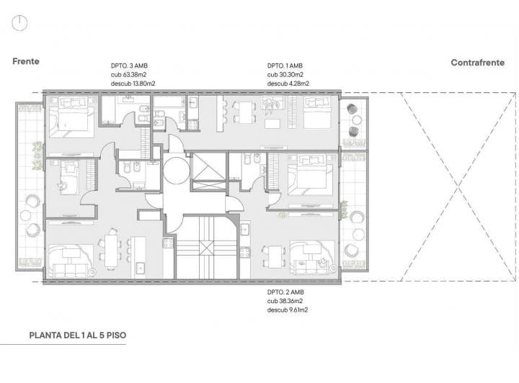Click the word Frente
pyautogui.click(x=26, y=61)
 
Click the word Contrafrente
pyautogui.click(x=478, y=63)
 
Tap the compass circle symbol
pyautogui.click(x=19, y=24)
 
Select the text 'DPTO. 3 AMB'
pyautogui.click(x=129, y=66)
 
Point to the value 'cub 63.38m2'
pyautogui.click(x=128, y=75)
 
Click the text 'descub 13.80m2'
pyautogui.click(x=133, y=84)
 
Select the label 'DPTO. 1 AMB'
pyautogui.click(x=285, y=66)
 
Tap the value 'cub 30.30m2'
pyautogui.click(x=285, y=75)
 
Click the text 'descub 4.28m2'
pyautogui.click(x=288, y=84)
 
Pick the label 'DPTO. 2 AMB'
pyautogui.click(x=285, y=292)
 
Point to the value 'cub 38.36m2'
pyautogui.click(x=285, y=301)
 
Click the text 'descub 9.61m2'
pyautogui.click(x=288, y=310)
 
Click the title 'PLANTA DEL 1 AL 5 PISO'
pyautogui.click(x=78, y=335)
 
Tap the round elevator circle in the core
pyautogui.click(x=176, y=170)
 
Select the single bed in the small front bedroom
pyautogui.click(x=69, y=177)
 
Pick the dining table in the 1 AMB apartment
pyautogui.click(x=245, y=112)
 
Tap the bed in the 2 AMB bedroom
pyautogui.click(x=310, y=176)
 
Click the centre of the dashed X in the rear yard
pyautogui.click(x=458, y=187)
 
